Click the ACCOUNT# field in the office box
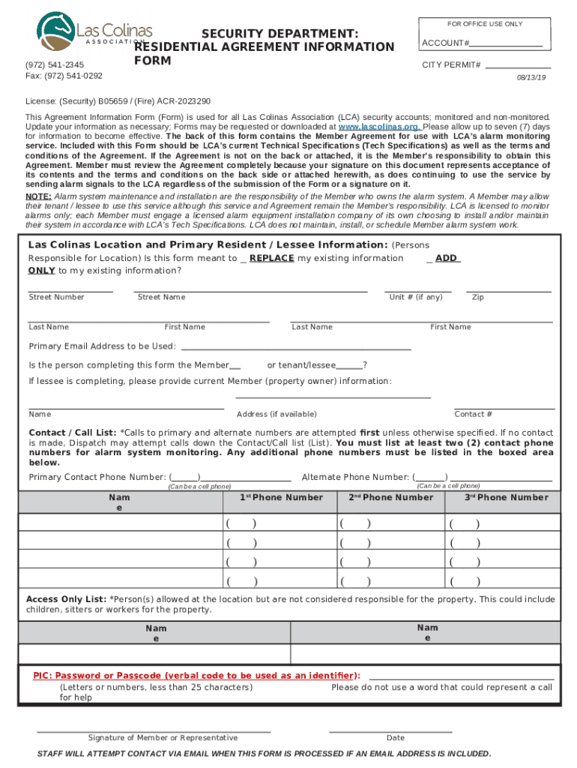[507, 43]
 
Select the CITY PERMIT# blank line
[518, 65]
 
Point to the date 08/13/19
[532, 77]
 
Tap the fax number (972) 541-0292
[64, 76]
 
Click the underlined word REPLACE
[271, 258]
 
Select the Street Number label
[56, 297]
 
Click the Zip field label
[477, 297]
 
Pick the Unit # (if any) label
[416, 297]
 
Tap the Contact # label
[474, 414]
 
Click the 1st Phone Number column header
[282, 497]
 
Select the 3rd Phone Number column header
[506, 497]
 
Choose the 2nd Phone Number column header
[391, 497]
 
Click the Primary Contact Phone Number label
[97, 477]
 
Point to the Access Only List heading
[66, 599]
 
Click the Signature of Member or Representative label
[163, 738]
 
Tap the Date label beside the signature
[395, 738]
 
